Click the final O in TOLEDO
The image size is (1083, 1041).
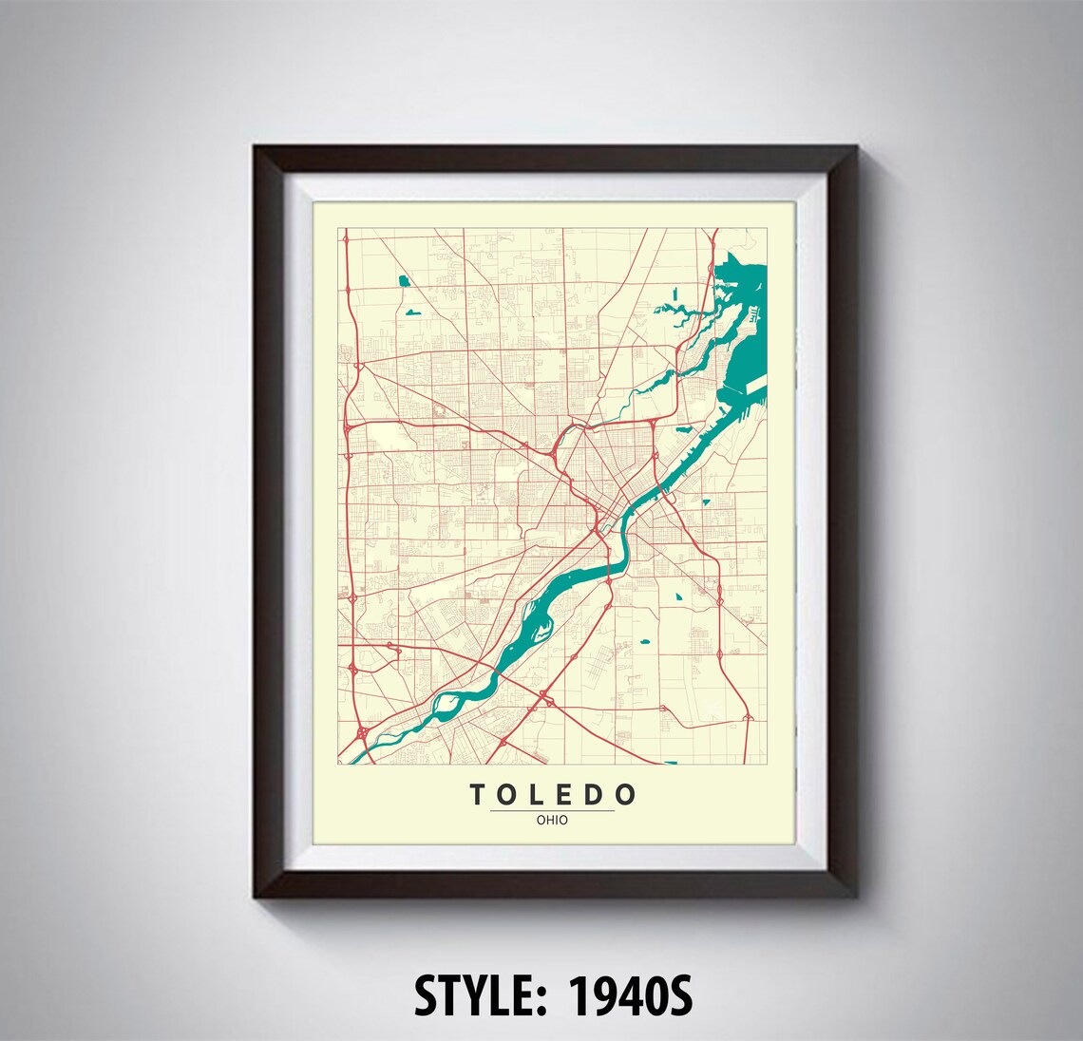click(626, 794)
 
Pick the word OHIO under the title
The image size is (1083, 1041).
click(552, 820)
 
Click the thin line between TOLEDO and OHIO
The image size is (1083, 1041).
click(552, 810)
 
